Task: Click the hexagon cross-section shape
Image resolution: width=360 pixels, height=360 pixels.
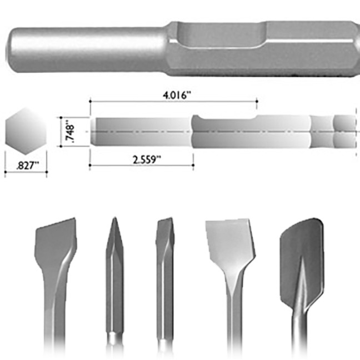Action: click(x=24, y=131)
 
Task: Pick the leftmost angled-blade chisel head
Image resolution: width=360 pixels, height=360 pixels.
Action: click(x=55, y=244)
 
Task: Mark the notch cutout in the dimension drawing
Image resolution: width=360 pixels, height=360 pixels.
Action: click(x=224, y=118)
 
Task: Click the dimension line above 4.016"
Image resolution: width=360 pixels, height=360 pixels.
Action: click(x=173, y=101)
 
